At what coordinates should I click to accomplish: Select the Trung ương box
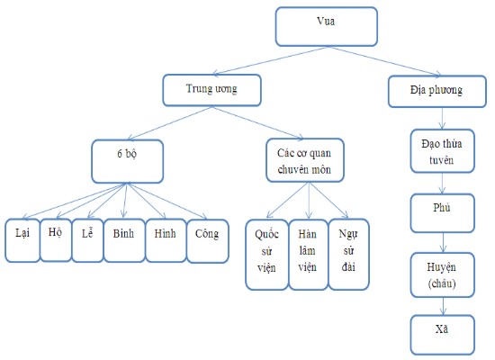click(x=211, y=88)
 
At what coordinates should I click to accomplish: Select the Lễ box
click(x=87, y=238)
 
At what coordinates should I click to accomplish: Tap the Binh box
click(x=123, y=238)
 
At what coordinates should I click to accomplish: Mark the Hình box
click(x=165, y=238)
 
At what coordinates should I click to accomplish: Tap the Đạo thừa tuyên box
click(x=441, y=152)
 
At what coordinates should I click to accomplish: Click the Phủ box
click(x=441, y=211)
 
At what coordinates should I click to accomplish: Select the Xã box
click(x=441, y=333)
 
